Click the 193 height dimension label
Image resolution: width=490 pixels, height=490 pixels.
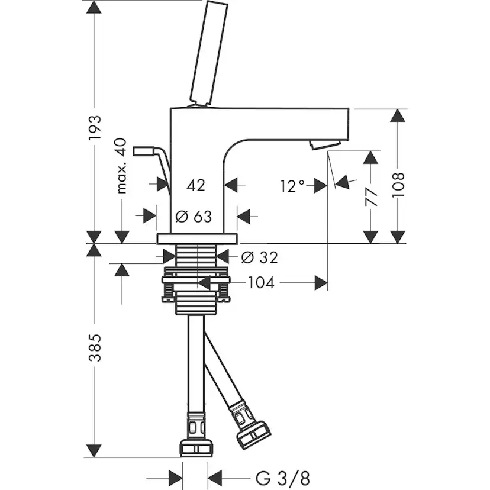(95, 128)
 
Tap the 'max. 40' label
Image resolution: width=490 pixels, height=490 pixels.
(122, 166)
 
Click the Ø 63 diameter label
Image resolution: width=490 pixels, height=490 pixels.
(195, 216)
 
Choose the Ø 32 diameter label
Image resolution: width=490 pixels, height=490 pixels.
(260, 257)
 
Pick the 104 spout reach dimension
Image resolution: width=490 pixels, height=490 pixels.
(260, 283)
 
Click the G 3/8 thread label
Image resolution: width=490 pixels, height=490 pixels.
(283, 476)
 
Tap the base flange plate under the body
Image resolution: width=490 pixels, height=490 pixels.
(196, 239)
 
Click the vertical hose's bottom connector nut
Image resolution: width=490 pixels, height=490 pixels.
(195, 447)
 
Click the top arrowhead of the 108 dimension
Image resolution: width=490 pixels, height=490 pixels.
(400, 115)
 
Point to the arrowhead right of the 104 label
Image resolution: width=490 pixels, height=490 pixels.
(321, 283)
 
